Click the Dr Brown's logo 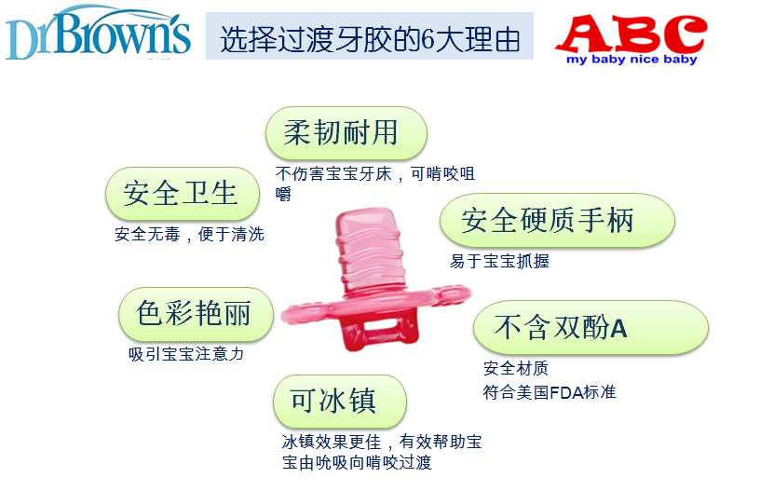98,33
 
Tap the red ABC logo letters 631,33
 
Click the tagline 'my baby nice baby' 631,60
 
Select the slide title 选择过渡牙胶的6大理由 370,39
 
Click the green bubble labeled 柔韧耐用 346,133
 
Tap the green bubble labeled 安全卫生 183,194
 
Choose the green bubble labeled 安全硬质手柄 557,221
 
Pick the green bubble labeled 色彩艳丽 196,314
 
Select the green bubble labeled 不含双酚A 590,328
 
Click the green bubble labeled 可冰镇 340,402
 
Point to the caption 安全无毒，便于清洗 189,235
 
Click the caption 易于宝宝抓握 499,261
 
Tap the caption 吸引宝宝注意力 186,354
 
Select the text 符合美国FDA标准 550,392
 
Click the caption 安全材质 516,368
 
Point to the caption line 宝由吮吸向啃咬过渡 357,462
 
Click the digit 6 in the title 427,40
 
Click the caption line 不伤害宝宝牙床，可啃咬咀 375,173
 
